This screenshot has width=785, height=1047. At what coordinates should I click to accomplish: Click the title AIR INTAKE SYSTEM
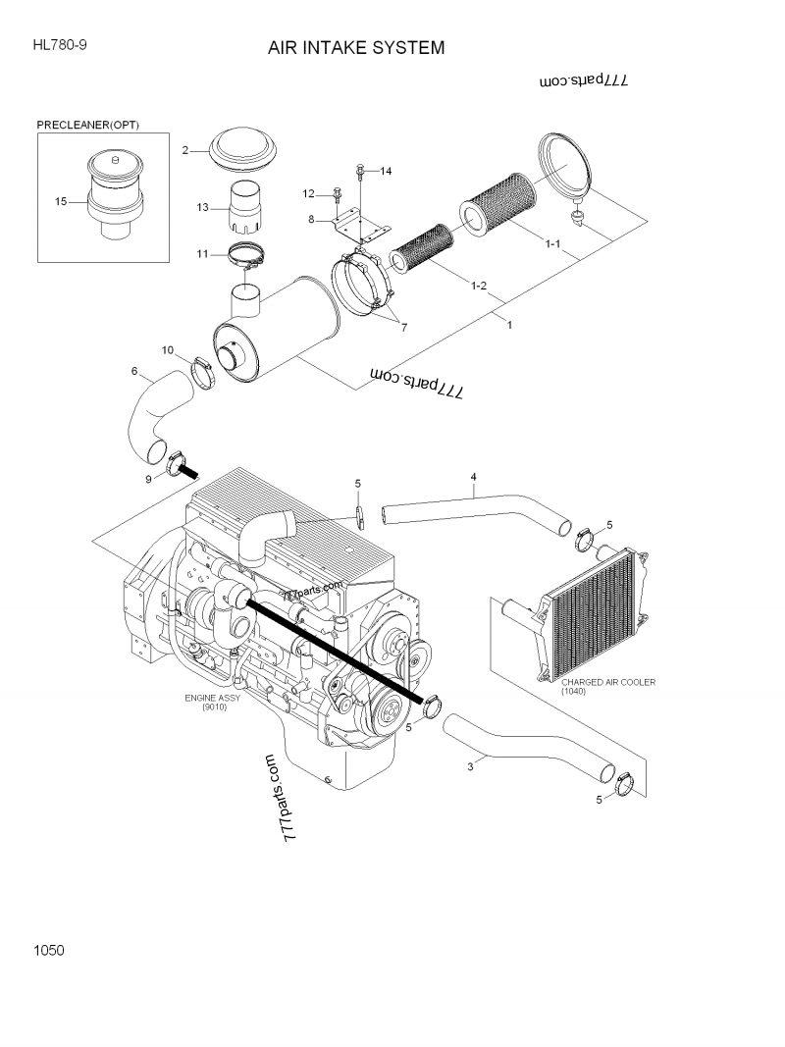pyautogui.click(x=356, y=47)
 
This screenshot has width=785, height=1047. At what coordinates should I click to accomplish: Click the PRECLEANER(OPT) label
pyautogui.click(x=88, y=126)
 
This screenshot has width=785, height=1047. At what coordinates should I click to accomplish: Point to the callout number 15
pyautogui.click(x=61, y=201)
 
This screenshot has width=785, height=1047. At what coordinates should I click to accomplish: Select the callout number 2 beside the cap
pyautogui.click(x=184, y=150)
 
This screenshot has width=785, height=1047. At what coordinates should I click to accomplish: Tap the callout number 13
pyautogui.click(x=202, y=207)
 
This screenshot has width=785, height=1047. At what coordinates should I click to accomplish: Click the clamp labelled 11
pyautogui.click(x=247, y=258)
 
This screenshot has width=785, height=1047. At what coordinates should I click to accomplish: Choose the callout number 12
pyautogui.click(x=308, y=192)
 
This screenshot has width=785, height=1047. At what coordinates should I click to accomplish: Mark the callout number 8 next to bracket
pyautogui.click(x=311, y=220)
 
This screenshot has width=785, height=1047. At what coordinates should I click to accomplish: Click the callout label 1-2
pyautogui.click(x=480, y=286)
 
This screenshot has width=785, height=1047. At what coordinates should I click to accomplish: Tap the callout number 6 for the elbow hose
pyautogui.click(x=133, y=371)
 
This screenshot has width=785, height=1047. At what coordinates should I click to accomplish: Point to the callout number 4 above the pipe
pyautogui.click(x=473, y=477)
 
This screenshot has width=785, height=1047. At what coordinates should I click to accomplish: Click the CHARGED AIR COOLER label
pyautogui.click(x=608, y=681)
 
